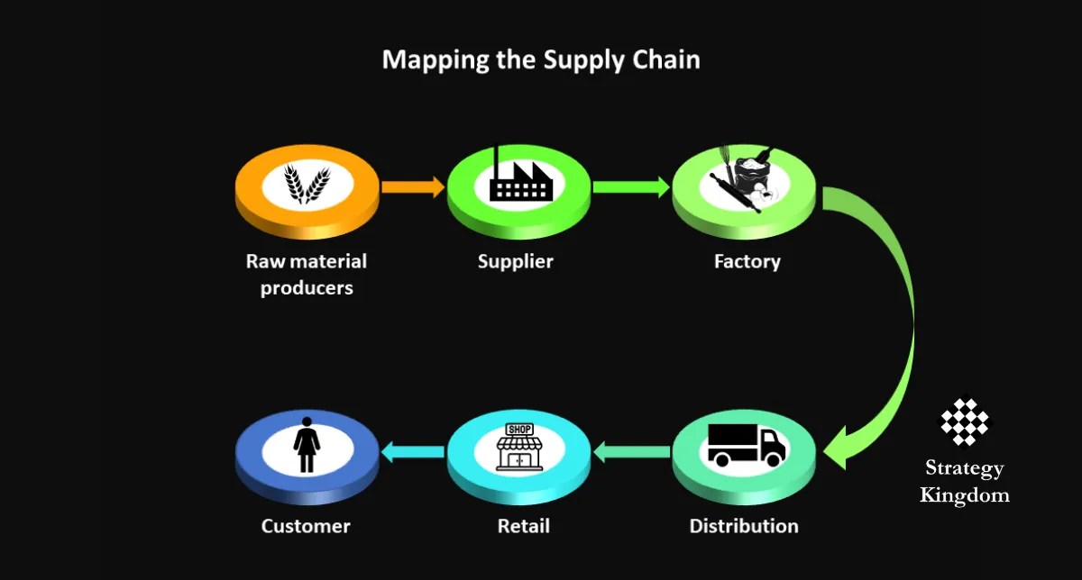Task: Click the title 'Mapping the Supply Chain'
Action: click(541, 59)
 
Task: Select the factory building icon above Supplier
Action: click(519, 180)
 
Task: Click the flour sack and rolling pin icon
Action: click(745, 181)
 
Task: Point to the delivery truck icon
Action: click(745, 444)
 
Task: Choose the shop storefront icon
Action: click(519, 447)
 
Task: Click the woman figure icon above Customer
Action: click(307, 445)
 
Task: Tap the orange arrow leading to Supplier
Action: click(412, 187)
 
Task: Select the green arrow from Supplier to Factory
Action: click(631, 187)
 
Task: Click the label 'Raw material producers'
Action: click(307, 275)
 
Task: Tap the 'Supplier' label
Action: click(515, 262)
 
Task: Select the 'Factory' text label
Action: click(747, 262)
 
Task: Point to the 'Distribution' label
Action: click(744, 526)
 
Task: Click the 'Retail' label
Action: click(523, 526)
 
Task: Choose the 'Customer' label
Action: click(306, 526)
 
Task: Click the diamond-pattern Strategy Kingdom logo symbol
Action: click(964, 421)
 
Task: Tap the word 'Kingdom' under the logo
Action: click(964, 495)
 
